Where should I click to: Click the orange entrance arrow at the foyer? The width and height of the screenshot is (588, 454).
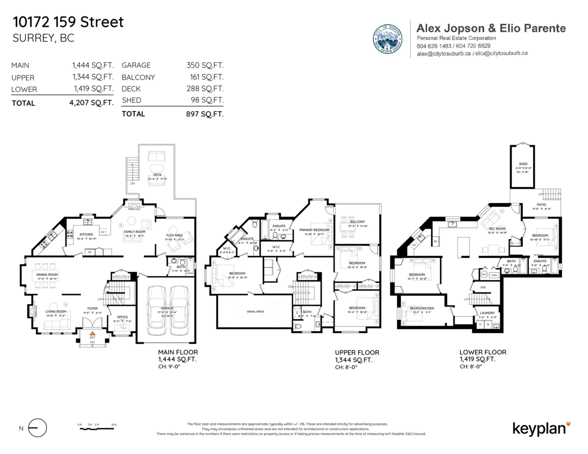(x=91, y=334)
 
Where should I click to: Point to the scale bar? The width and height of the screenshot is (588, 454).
(x=98, y=428)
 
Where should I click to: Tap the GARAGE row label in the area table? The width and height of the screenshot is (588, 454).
(x=136, y=65)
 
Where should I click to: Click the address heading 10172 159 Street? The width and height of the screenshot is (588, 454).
(x=68, y=22)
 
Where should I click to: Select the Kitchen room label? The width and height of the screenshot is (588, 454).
(x=86, y=234)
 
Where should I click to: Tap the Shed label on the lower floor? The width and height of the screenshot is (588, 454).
(x=523, y=164)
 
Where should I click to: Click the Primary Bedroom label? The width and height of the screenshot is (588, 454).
(x=314, y=230)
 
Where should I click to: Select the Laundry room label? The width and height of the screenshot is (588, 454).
(x=488, y=313)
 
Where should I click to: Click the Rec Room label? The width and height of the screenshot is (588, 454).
(x=497, y=229)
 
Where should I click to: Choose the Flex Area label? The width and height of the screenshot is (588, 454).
(x=174, y=235)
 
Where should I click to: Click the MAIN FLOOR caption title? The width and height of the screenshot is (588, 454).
(x=178, y=352)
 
